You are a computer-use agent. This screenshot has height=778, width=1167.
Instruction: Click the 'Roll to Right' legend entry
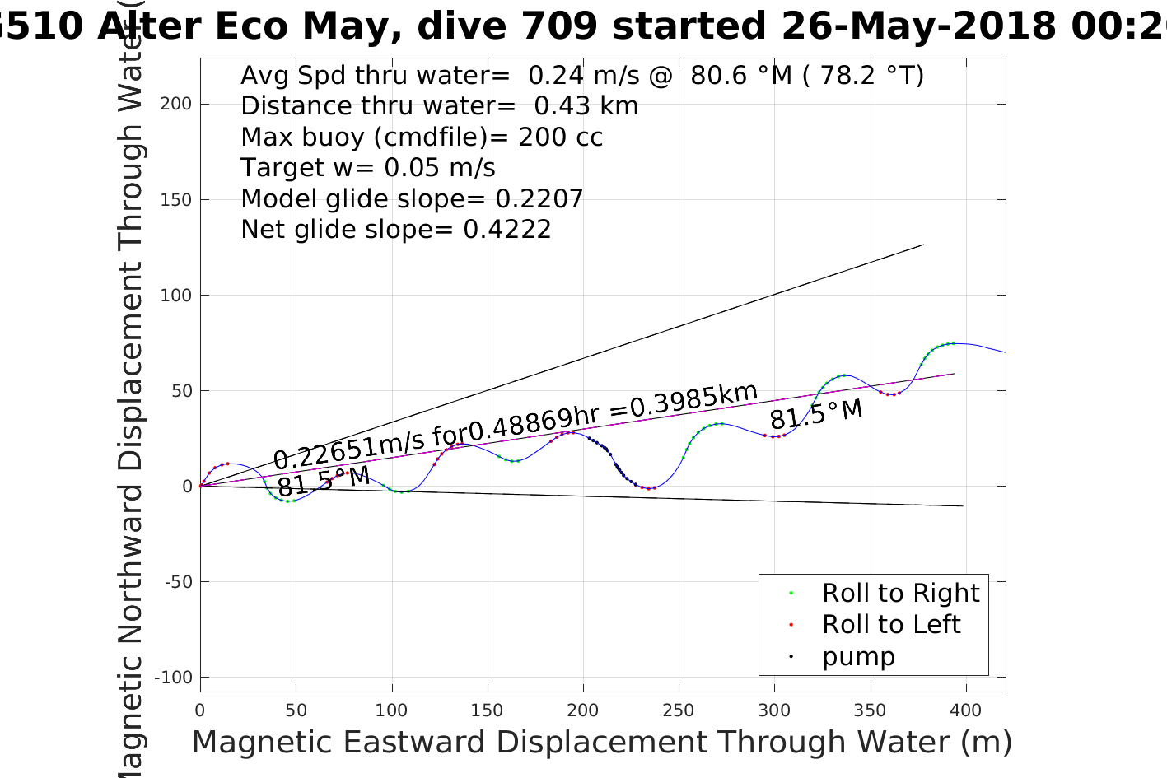900,593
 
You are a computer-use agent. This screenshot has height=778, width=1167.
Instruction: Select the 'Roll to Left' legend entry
890,624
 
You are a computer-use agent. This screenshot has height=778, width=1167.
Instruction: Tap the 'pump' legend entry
857,656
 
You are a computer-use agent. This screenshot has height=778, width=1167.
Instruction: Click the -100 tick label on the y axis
173,678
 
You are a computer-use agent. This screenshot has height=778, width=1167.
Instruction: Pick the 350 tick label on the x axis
870,710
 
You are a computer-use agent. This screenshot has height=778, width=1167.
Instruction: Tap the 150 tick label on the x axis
488,710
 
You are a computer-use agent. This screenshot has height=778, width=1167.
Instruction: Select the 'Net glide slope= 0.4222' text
395,230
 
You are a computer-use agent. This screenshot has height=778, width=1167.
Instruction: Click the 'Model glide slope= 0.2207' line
412,199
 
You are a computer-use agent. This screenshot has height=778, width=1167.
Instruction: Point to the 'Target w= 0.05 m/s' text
367,168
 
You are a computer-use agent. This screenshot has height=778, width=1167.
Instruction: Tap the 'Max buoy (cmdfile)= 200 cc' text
422,137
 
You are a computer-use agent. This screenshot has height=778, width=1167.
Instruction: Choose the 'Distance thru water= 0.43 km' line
439,106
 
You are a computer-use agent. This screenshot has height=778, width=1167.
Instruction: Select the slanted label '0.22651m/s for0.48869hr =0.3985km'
515,426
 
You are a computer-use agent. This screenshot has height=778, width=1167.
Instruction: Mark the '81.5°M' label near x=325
816,413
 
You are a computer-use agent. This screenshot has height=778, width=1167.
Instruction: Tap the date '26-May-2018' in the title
918,26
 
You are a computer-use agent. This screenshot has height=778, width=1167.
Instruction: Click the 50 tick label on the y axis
181,391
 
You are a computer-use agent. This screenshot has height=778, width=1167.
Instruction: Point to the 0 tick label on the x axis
200,710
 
